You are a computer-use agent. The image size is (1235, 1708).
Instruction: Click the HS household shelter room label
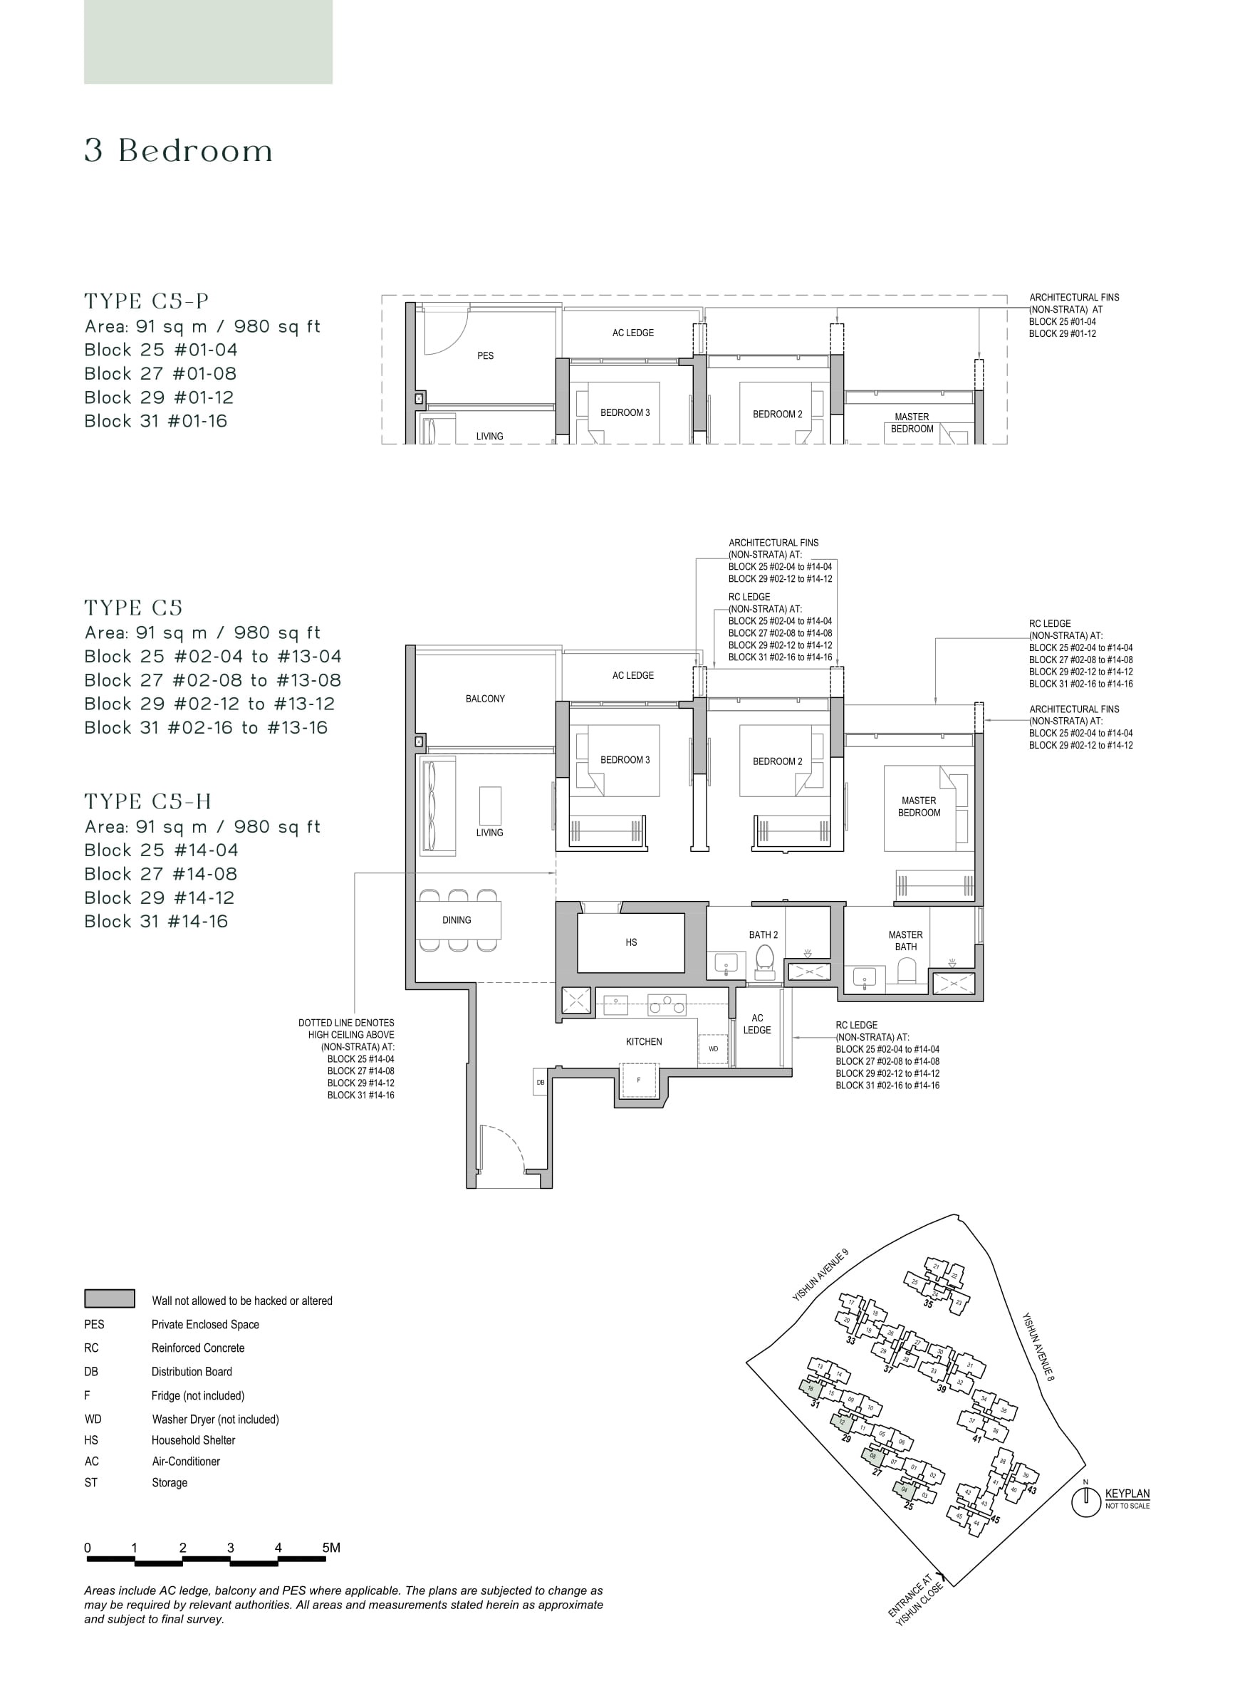630,942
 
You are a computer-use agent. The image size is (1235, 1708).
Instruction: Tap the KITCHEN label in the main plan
643,1041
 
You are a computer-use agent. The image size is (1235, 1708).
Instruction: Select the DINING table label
457,920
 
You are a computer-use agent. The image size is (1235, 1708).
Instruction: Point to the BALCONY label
485,699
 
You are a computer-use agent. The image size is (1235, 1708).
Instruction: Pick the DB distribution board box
540,1082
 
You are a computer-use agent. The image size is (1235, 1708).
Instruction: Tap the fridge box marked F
639,1080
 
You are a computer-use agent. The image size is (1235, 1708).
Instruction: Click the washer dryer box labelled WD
712,1048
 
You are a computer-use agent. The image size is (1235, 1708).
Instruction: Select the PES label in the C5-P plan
485,355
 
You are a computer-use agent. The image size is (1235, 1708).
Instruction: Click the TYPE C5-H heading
147,801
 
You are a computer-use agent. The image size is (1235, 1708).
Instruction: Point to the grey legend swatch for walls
109,1298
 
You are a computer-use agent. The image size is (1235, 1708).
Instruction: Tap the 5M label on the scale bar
330,1548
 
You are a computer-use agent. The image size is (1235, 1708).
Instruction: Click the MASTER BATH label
905,941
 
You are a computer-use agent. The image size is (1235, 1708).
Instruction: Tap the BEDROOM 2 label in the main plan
777,761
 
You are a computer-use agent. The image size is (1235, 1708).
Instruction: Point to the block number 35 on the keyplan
928,1303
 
